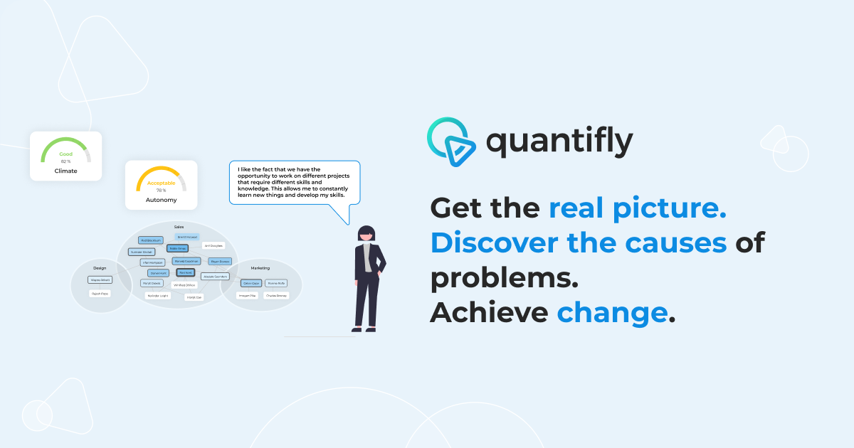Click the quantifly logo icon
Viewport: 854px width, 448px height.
449,139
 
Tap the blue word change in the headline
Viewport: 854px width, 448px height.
612,312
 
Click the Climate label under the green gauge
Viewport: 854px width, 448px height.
65,171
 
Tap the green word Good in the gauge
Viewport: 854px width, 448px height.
65,154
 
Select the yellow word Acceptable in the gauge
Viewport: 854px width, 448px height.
161,183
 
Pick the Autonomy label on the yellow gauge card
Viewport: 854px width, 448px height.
161,201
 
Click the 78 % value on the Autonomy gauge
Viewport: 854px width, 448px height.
161,191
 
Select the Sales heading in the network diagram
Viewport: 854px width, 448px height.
179,227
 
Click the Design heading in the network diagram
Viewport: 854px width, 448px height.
100,268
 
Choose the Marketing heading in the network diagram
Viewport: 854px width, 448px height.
260,268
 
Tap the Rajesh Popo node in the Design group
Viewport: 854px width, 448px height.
100,293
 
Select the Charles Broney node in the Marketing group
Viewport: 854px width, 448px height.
275,295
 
